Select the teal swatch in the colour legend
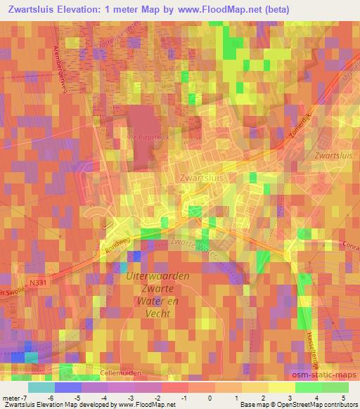(x=40, y=387)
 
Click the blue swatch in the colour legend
(x=67, y=387)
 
